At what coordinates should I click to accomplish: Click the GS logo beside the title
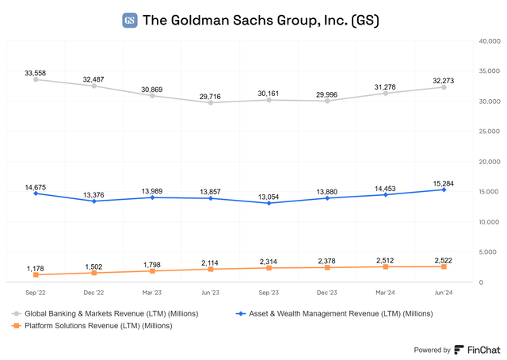130,21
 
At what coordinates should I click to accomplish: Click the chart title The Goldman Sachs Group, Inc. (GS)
260,21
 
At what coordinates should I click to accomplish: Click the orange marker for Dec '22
94,273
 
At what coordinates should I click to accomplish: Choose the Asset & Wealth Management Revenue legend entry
335,313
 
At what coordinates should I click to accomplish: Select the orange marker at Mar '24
385,267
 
